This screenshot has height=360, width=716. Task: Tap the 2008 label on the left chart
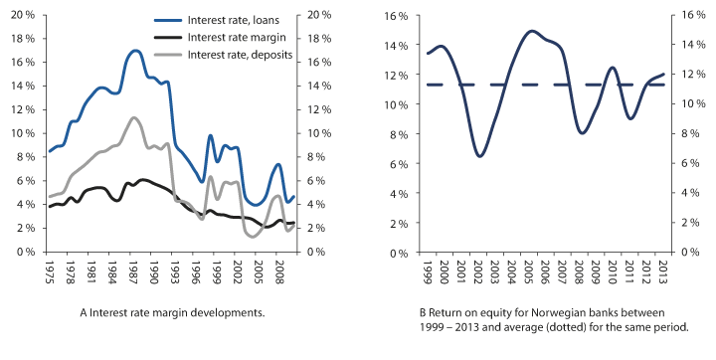coord(281,270)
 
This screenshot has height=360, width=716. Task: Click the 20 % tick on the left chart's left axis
coord(23,14)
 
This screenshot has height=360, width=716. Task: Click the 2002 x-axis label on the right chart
coord(479,270)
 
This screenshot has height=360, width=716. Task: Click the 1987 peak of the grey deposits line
coord(134,117)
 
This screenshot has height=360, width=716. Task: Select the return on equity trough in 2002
coord(480,156)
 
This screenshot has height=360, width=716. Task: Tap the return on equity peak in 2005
coord(532,31)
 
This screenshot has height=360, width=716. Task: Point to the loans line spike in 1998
coord(210,135)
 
